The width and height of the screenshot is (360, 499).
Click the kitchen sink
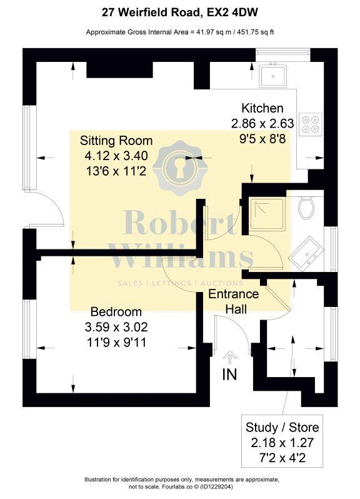click(272, 76)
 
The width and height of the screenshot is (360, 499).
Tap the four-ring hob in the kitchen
click(311, 124)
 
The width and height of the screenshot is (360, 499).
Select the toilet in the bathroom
click(307, 207)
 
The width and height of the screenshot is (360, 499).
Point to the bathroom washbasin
click(305, 254)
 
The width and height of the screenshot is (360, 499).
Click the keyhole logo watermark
click(180, 168)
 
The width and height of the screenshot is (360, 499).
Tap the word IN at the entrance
click(229, 374)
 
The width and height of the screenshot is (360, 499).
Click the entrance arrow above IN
click(230, 358)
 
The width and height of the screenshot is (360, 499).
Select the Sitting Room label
click(116, 141)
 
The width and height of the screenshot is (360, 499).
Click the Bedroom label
click(116, 312)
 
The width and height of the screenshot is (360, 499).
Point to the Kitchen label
click(262, 108)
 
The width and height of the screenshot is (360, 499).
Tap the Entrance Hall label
click(233, 301)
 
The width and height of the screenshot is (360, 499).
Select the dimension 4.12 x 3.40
click(116, 156)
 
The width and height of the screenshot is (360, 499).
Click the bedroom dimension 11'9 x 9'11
click(116, 343)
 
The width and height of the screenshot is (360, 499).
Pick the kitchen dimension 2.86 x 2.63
click(262, 123)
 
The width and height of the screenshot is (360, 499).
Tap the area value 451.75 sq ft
click(254, 32)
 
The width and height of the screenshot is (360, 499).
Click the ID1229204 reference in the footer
click(218, 487)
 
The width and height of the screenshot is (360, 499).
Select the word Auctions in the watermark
click(222, 283)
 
